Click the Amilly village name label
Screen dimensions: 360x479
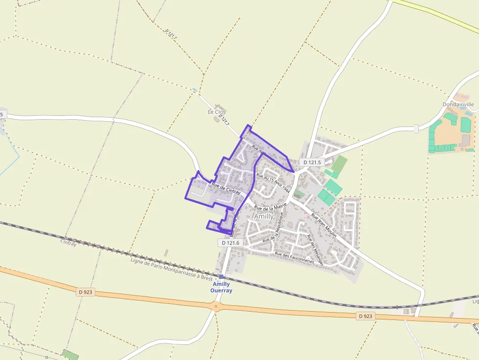[x=264, y=216]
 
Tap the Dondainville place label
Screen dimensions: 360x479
[x=458, y=105]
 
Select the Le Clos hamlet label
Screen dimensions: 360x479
[x=217, y=112]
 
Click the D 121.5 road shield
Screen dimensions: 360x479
[x=311, y=162]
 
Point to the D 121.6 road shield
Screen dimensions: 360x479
[x=230, y=243]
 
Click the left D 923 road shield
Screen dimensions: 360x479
[x=85, y=292]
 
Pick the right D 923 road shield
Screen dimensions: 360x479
[x=365, y=316]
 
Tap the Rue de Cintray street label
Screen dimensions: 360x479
[x=226, y=188]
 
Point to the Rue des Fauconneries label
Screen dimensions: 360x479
[x=294, y=257]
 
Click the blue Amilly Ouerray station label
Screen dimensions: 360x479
[x=221, y=287]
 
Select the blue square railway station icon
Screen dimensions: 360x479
[x=221, y=276]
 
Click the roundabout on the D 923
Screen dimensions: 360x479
[x=216, y=307]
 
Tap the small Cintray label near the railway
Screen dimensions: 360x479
[x=68, y=243]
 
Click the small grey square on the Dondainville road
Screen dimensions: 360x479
[x=416, y=129]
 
